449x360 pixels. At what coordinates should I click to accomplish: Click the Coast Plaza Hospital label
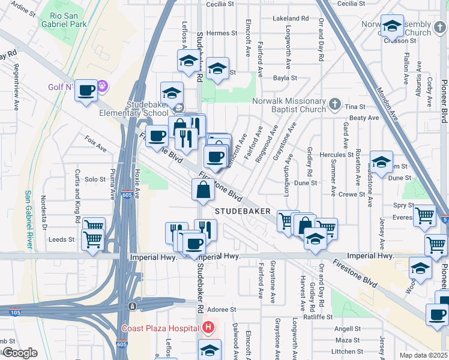point(160,328)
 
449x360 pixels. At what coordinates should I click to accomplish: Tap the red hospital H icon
point(208,328)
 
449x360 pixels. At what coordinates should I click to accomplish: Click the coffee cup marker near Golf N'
point(86,91)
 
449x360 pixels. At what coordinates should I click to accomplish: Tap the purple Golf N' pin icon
point(103,87)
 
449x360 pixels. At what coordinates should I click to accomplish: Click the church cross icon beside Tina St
point(336,105)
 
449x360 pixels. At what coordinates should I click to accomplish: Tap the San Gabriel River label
point(28,220)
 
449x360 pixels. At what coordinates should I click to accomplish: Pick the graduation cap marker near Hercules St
point(381,161)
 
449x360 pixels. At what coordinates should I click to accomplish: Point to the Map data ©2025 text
point(423,355)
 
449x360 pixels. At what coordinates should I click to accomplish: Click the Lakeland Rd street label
point(289,19)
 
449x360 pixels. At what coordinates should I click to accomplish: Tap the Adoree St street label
point(221,310)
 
